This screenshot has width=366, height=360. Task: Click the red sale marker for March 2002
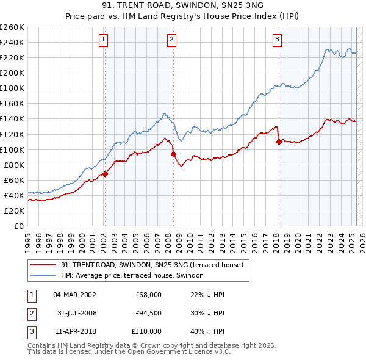[x=105, y=174]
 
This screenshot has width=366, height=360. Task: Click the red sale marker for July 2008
[x=173, y=154]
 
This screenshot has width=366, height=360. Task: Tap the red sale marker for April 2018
[x=279, y=142]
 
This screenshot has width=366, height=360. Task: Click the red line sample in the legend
[x=43, y=265]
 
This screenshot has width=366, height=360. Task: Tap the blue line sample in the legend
[x=43, y=276]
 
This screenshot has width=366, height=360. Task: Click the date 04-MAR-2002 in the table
[x=74, y=295]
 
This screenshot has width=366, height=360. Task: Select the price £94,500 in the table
[x=148, y=313]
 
